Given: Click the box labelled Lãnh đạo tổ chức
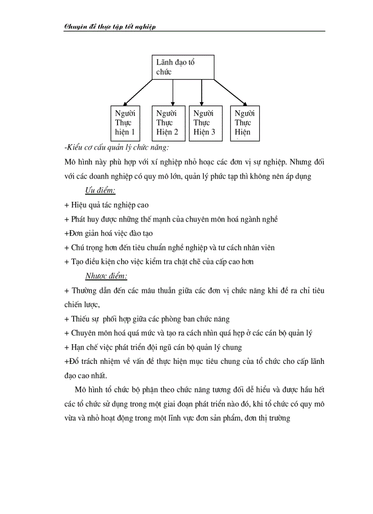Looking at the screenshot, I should click(x=183, y=67).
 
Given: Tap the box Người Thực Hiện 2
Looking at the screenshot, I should click(x=167, y=123).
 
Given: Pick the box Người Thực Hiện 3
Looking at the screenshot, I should click(x=204, y=123).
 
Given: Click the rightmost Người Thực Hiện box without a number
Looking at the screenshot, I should click(x=245, y=123).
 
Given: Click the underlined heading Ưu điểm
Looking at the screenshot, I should click(x=100, y=190).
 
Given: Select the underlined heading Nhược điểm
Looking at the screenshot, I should click(x=106, y=276).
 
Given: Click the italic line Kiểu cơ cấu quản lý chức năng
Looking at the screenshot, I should click(x=117, y=147).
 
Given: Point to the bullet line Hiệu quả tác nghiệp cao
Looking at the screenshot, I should click(x=107, y=205).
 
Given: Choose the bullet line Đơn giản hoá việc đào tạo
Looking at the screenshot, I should click(x=109, y=233).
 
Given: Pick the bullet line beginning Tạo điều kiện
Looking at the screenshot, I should click(x=159, y=261).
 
